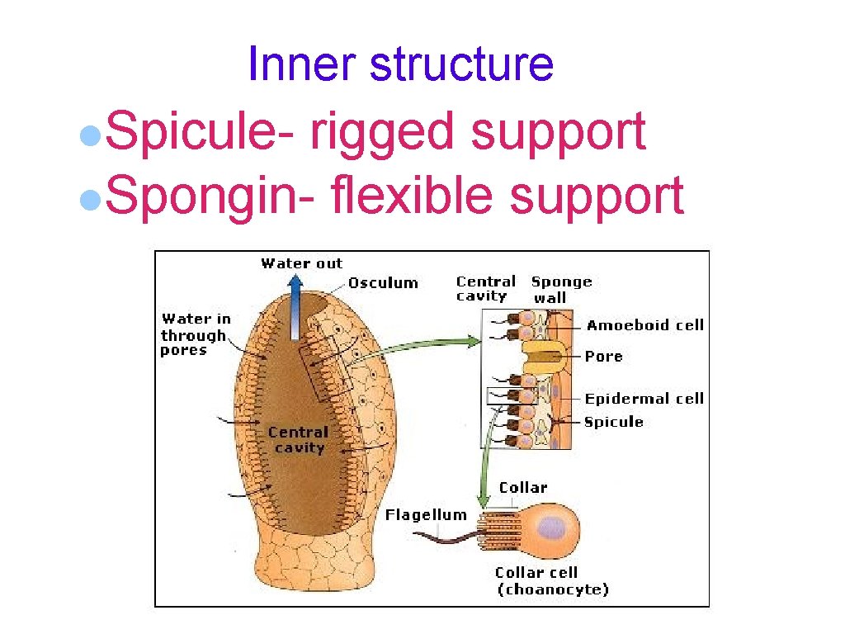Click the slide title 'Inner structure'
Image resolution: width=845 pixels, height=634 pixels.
point(400,64)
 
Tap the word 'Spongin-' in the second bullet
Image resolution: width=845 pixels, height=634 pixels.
point(210,196)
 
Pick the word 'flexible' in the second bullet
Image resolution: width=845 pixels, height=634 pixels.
point(413,196)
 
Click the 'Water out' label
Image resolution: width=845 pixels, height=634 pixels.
point(301,263)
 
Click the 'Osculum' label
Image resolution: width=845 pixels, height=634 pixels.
point(383,283)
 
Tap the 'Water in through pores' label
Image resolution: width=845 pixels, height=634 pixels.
point(195,334)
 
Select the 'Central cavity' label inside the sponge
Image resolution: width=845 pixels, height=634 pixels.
point(298,440)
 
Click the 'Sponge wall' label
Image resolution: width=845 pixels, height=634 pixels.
point(561,289)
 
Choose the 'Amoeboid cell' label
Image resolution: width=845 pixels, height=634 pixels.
point(644,325)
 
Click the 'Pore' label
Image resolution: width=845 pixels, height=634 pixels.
point(603,357)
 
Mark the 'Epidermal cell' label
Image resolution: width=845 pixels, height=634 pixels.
point(644,399)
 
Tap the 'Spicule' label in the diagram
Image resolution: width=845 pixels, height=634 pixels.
point(613,422)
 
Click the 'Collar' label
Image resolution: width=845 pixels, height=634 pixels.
point(522,487)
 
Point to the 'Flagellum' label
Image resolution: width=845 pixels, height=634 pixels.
point(426,515)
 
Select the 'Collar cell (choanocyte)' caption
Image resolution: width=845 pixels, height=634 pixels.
point(551,581)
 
